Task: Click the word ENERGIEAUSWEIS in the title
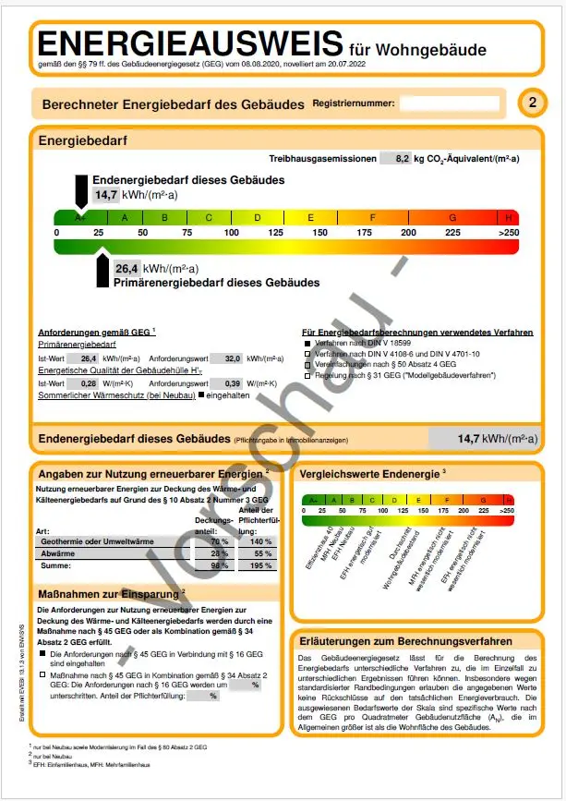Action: [189, 44]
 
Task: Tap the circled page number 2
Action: [531, 103]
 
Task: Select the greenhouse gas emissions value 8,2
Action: [395, 159]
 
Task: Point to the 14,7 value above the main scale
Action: [105, 195]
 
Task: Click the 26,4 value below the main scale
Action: [126, 269]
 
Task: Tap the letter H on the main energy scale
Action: [508, 218]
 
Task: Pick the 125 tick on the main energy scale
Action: [274, 233]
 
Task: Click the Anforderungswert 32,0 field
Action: [227, 358]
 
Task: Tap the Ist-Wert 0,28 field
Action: [87, 382]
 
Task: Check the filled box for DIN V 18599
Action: [307, 343]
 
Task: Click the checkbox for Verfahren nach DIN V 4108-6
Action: [307, 354]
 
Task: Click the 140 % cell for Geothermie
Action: [258, 540]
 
